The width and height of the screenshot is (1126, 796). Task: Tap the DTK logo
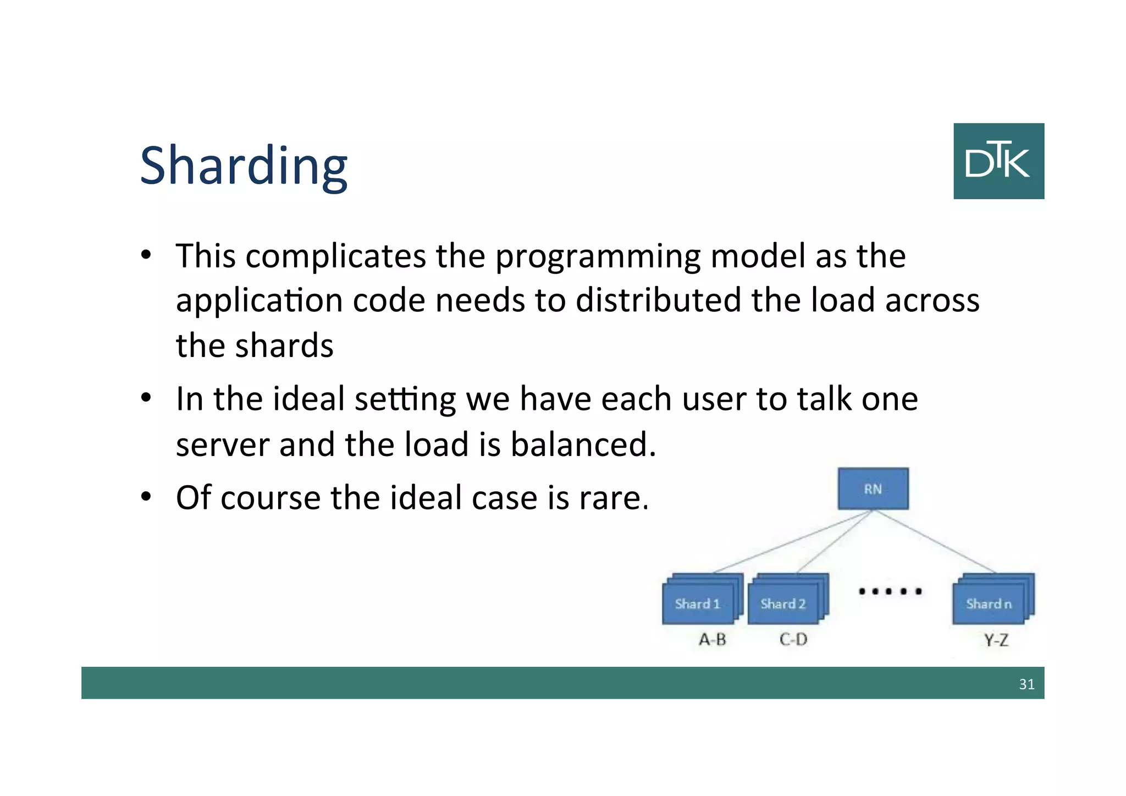(998, 161)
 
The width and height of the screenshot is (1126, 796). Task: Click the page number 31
(1026, 684)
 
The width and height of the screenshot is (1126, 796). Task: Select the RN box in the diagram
(873, 488)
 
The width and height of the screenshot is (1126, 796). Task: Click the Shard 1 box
(697, 603)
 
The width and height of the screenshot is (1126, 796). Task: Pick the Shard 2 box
(783, 603)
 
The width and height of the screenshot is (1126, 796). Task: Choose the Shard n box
(989, 603)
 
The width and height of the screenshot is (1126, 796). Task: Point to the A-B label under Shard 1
(713, 639)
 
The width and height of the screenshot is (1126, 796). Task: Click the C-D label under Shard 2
(793, 639)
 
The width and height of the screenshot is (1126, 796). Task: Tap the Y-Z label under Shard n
(996, 640)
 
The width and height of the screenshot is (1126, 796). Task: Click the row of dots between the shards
(890, 591)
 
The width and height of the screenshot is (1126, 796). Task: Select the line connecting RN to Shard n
(935, 541)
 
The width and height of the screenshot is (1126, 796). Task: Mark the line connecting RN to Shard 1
(792, 542)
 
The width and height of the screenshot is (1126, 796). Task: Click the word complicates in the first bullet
(335, 256)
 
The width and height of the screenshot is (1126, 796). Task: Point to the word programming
(598, 257)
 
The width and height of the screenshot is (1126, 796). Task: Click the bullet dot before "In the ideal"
(146, 398)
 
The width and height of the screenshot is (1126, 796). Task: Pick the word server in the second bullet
(222, 444)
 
